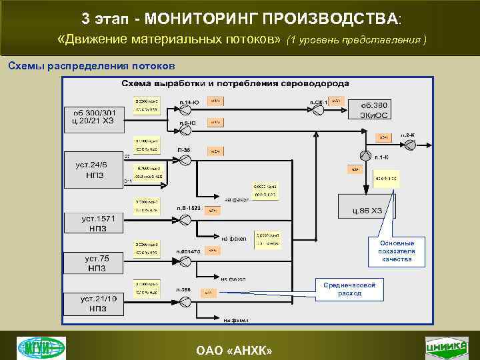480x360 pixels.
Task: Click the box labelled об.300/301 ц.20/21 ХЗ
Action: pyautogui.click(x=93, y=117)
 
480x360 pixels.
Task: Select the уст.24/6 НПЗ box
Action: pyautogui.click(x=93, y=169)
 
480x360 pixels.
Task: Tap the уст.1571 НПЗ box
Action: pyautogui.click(x=93, y=223)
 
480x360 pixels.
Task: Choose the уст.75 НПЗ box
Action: pyautogui.click(x=93, y=262)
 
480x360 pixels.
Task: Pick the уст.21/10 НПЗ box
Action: pyautogui.click(x=93, y=303)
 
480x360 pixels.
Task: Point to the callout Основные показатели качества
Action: pyautogui.click(x=396, y=251)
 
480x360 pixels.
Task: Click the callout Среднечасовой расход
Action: pyautogui.click(x=349, y=289)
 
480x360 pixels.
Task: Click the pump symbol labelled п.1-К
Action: pyautogui.click(x=366, y=155)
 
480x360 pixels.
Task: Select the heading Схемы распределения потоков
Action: pyautogui.click(x=91, y=66)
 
